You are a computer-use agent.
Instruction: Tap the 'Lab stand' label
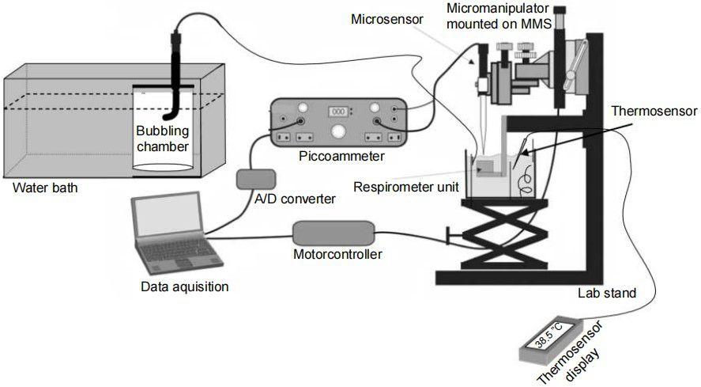pos(608,293)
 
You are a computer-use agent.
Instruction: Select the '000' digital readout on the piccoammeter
pos(339,111)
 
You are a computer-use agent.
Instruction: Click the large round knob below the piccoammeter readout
pos(339,131)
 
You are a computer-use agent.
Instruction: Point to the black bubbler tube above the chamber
pos(175,59)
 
